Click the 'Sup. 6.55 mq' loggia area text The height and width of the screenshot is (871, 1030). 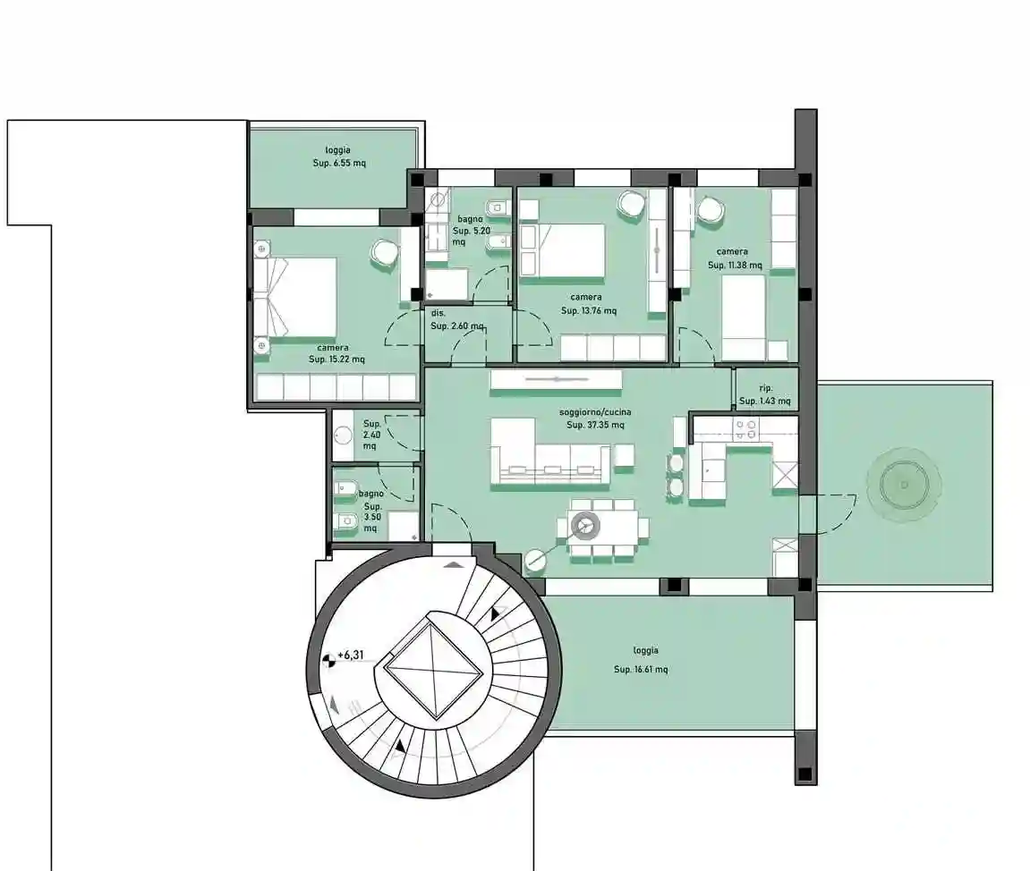click(339, 163)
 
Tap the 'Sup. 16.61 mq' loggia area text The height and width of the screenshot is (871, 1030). click(641, 670)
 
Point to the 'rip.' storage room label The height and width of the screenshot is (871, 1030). click(765, 388)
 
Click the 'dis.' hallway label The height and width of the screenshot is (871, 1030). click(438, 313)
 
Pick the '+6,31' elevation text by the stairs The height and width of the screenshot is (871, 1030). click(350, 655)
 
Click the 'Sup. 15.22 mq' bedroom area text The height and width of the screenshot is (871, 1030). click(336, 359)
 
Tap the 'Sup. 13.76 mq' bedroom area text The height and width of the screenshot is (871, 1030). click(589, 311)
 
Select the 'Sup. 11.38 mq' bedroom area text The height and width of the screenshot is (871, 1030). click(735, 266)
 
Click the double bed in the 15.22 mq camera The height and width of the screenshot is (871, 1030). click(295, 297)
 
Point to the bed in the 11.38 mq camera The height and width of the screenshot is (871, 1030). click(744, 317)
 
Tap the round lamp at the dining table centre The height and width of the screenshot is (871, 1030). click(584, 524)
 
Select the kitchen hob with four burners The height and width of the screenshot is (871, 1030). click(745, 429)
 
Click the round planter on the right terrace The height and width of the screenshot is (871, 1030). click(904, 485)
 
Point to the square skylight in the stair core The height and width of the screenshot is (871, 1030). click(433, 670)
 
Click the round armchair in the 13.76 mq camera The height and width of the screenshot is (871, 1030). click(632, 203)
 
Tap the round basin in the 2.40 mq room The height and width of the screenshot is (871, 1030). click(343, 435)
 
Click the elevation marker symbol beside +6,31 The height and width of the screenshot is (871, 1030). click(329, 661)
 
